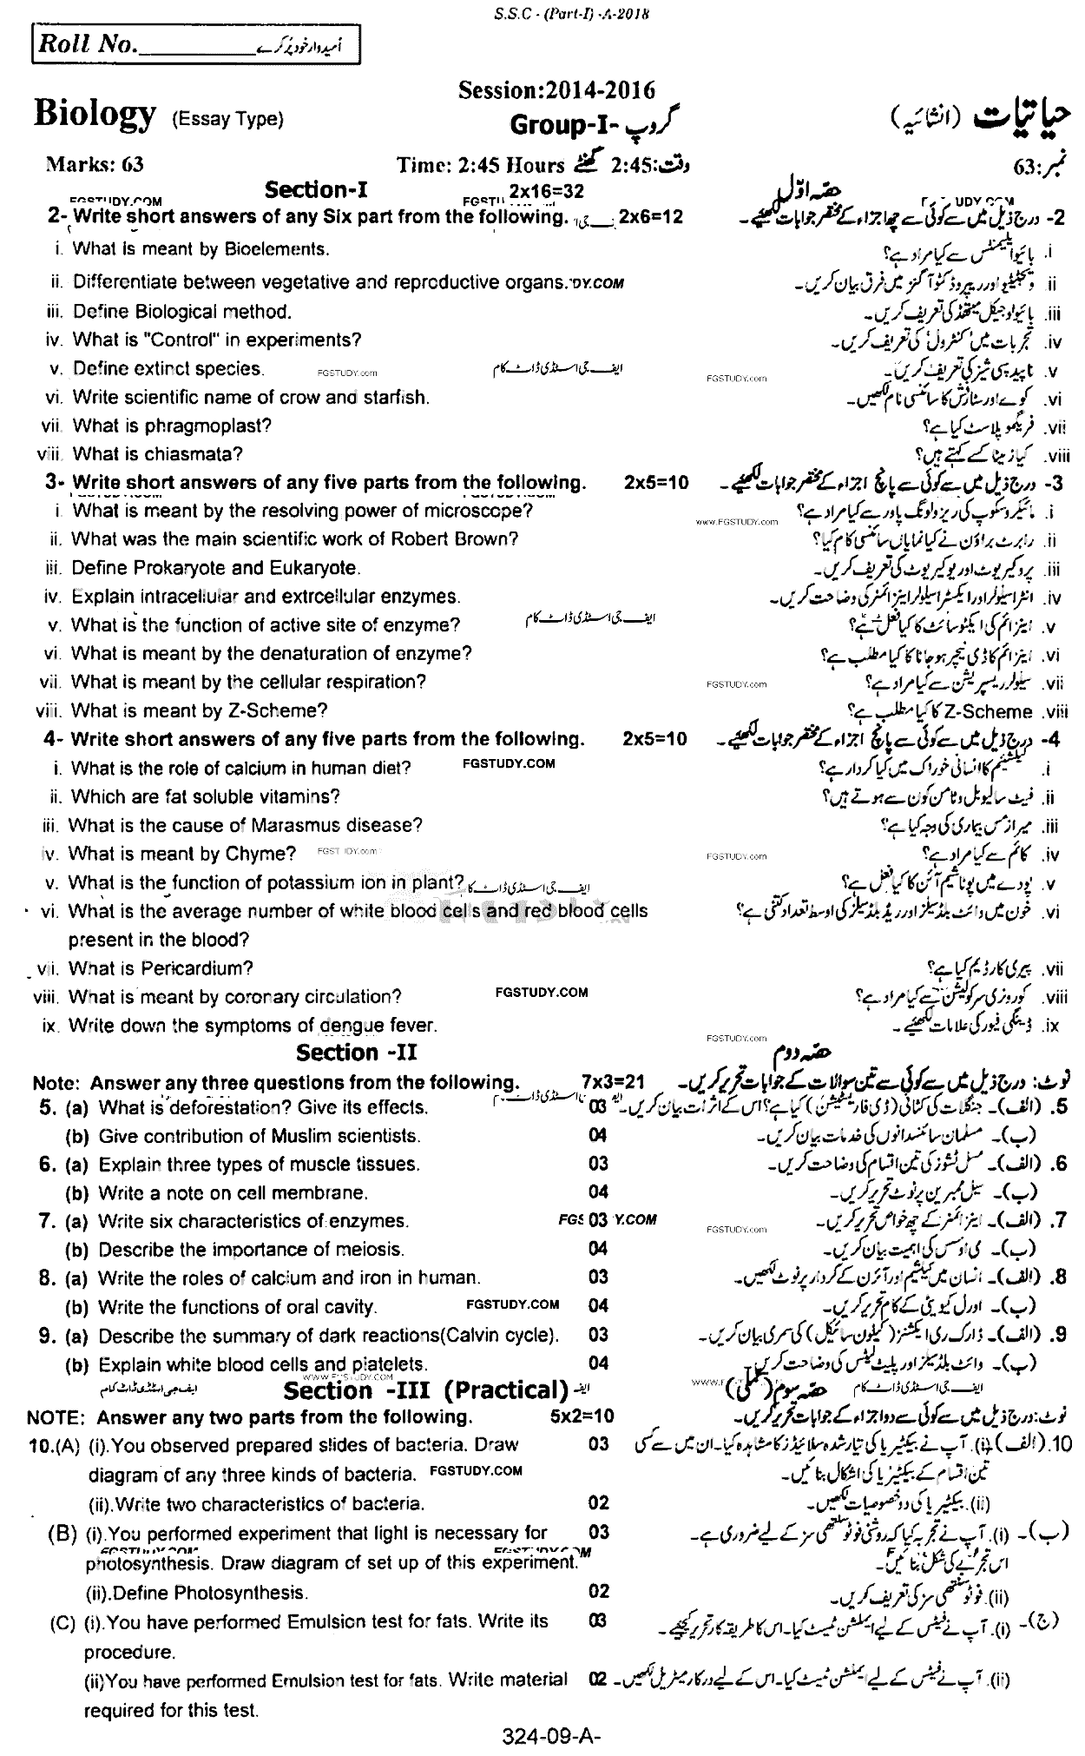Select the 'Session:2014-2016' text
pos(556,90)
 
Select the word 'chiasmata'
pos(201,453)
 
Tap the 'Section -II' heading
pos(357,1053)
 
